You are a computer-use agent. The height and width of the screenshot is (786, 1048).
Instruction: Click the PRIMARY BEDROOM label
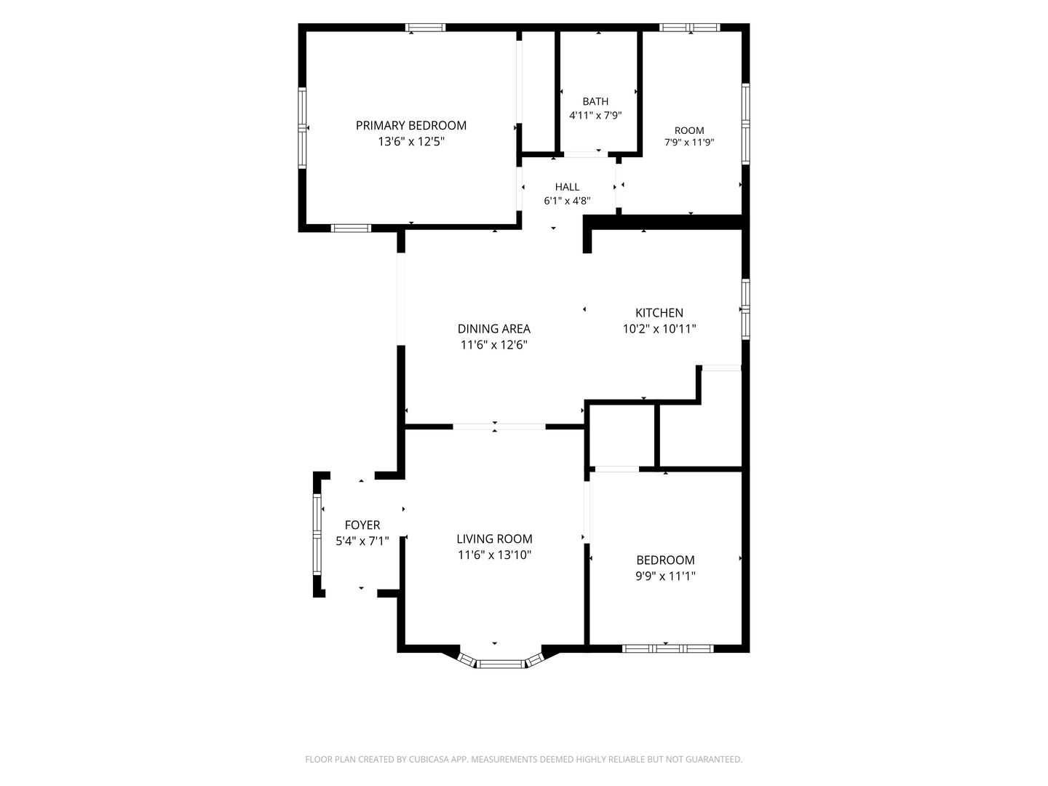coord(410,125)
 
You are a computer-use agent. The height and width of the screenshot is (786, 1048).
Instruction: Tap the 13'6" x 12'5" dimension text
coord(411,142)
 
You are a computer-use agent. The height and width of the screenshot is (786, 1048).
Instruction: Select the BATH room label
coord(595,102)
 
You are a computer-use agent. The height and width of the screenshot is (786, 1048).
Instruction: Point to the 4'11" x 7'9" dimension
coord(595,116)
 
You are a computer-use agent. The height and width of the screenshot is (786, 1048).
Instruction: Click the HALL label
coord(567,187)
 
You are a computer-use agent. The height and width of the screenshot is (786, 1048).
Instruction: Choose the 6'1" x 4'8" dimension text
coord(567,201)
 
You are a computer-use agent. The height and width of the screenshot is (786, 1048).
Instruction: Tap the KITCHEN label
coord(659,313)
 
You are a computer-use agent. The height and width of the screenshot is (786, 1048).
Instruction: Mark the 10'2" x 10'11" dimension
coord(659,329)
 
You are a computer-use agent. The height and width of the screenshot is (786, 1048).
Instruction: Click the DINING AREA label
coord(494,329)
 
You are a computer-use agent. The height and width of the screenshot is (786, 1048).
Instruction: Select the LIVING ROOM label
coord(494,539)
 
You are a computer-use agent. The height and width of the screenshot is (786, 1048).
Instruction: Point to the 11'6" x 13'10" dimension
coord(494,555)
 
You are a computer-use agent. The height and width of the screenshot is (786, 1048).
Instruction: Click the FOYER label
coord(362,525)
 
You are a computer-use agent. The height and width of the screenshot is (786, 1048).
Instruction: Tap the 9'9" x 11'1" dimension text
coord(665,576)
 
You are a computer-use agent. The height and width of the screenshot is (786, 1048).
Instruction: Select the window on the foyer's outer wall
coord(317,534)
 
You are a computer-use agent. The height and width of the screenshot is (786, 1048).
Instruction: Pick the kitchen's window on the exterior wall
coord(745,309)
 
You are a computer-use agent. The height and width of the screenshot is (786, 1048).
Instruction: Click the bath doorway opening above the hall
coord(586,154)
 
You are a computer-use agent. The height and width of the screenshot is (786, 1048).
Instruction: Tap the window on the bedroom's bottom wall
coord(667,648)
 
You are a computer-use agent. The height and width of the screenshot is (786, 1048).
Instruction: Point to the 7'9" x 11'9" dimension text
coord(689,142)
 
